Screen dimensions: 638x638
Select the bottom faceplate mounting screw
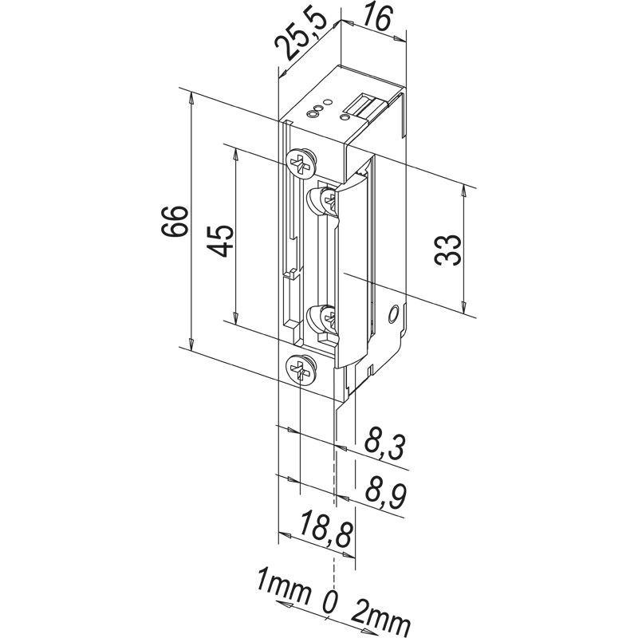pos(301,368)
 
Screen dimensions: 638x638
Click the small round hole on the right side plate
pos(392,316)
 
